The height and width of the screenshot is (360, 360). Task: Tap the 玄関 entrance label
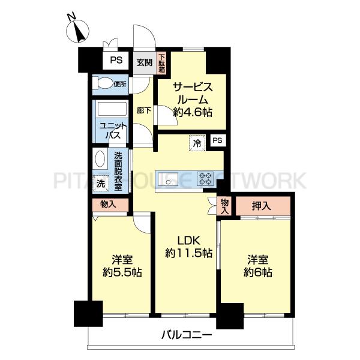click(145, 62)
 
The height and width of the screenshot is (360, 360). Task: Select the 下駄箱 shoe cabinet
click(162, 62)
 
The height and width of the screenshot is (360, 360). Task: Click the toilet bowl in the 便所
click(103, 83)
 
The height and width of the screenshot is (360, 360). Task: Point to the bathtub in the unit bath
click(112, 109)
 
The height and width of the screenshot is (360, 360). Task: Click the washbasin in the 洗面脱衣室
click(100, 159)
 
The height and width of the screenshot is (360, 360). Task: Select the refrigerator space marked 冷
click(197, 143)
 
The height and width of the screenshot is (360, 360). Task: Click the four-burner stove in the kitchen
click(205, 179)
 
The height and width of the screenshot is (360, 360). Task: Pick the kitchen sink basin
click(168, 179)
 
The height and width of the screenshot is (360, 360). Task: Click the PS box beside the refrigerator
click(217, 140)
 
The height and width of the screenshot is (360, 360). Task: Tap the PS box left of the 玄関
click(116, 61)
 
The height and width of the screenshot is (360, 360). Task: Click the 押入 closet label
click(261, 206)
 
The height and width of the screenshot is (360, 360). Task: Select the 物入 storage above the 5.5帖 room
click(110, 205)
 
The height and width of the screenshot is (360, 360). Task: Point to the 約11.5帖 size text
click(189, 253)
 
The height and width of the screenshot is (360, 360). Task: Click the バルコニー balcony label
click(187, 335)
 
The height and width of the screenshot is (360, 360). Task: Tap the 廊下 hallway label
click(144, 110)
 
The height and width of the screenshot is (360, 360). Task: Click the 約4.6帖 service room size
click(193, 112)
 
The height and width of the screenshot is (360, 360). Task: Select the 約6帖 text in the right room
click(258, 272)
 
